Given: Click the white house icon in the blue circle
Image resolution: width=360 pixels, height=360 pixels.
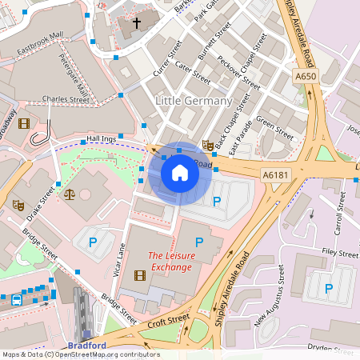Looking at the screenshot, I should tap(180, 173).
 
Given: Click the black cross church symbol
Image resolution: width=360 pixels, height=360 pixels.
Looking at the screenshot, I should tap(136, 23).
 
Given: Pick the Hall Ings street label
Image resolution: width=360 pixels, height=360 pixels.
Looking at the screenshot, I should tap(102, 139).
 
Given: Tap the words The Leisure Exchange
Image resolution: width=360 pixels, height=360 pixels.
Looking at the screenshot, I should tap(170, 261).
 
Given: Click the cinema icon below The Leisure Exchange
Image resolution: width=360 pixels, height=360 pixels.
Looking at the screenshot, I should tap(141, 276).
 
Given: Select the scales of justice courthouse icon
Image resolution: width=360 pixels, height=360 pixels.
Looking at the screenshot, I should tap(69, 193).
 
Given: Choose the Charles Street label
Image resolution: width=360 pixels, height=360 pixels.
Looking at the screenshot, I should tap(66, 100).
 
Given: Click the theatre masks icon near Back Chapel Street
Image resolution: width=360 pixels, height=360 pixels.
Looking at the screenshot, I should tap(207, 145).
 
